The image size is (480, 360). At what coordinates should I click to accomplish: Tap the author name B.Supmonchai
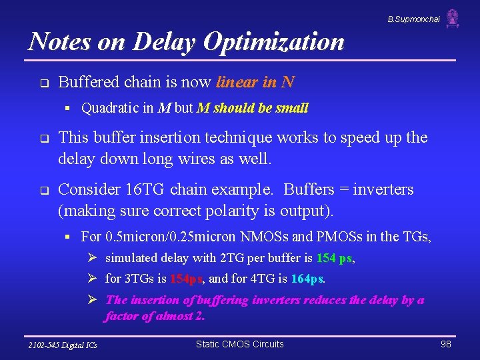click(x=413, y=19)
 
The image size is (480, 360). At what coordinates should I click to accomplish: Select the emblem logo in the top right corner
click(x=453, y=19)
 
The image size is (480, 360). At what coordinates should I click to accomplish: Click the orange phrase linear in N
click(x=255, y=83)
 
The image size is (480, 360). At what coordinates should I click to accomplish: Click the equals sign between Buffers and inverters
click(x=344, y=190)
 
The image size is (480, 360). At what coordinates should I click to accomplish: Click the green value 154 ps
click(x=335, y=258)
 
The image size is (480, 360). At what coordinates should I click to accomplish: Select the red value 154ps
click(x=190, y=279)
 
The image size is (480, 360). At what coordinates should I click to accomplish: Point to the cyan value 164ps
click(x=307, y=279)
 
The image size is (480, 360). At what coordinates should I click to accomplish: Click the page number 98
click(x=446, y=344)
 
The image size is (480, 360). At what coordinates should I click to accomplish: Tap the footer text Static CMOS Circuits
click(x=239, y=344)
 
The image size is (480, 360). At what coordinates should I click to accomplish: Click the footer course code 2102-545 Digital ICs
click(x=62, y=345)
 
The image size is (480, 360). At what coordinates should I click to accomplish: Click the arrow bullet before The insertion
click(x=93, y=300)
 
